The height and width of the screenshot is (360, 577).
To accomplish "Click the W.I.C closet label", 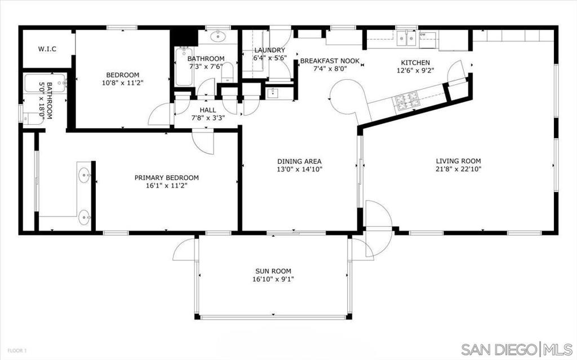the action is point(47,49).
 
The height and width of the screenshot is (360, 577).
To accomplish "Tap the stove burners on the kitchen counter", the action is point(407,101).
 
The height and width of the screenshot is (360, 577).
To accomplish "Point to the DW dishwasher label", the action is point(423,35).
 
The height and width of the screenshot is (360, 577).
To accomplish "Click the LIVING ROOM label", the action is point(458,161).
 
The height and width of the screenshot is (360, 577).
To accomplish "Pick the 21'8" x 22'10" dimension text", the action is point(458,169).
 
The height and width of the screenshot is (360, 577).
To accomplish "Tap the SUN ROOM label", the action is point(273,271).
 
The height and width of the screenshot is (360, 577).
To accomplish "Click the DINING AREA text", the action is point(299,161).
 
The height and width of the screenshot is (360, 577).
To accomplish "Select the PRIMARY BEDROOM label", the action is point(166,178).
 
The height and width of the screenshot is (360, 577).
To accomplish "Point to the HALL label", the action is point(208,110).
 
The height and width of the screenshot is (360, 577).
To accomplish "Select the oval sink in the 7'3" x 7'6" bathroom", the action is point(218,37).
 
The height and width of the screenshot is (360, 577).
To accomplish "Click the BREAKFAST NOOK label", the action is point(330,61).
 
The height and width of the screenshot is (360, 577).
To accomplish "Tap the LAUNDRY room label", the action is point(270,50).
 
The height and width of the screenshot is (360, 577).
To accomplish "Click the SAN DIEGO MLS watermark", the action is point(517,349).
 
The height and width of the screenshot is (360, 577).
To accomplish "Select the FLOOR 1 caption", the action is point(17,350).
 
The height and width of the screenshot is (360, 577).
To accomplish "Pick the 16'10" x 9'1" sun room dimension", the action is point(273,279).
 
